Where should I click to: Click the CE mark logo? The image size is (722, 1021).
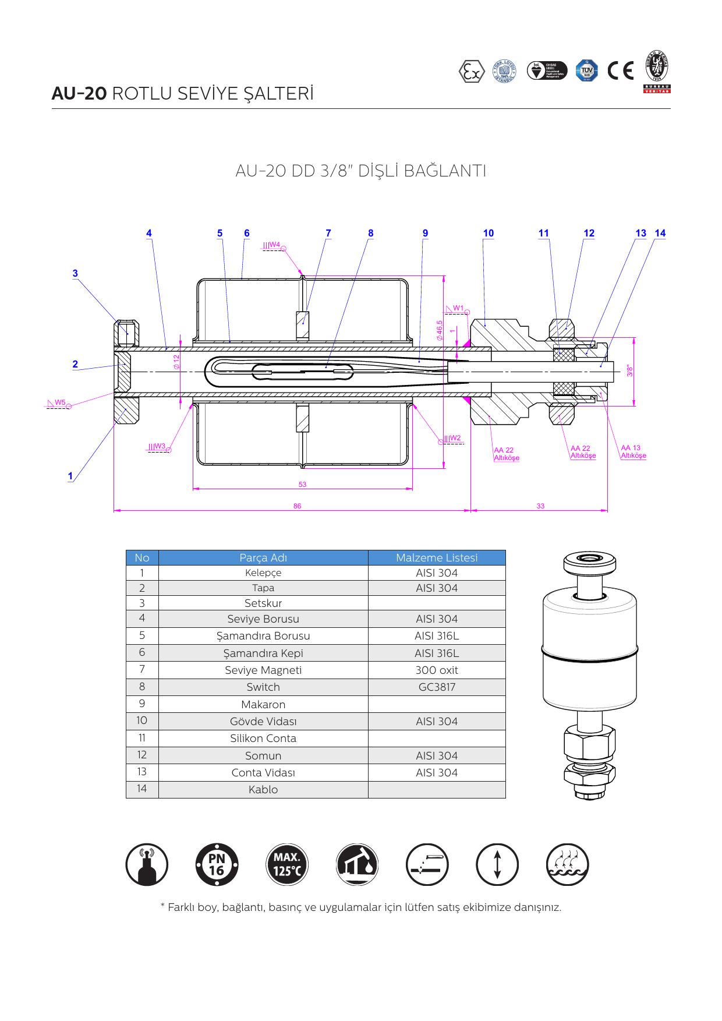tap(620, 71)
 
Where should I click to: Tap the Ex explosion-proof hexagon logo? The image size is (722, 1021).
tap(471, 71)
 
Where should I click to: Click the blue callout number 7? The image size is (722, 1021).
tap(328, 233)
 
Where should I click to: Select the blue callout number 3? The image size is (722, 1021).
tap(75, 273)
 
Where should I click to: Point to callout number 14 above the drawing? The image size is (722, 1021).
tap(660, 233)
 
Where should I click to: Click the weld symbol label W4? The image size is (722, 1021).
tap(274, 245)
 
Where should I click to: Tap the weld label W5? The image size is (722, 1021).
tap(60, 402)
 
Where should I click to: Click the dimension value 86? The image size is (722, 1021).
tap(298, 506)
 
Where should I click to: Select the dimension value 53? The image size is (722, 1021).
tap(302, 485)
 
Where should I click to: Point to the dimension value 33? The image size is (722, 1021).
tap(540, 506)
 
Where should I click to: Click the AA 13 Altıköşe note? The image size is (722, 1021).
tap(633, 452)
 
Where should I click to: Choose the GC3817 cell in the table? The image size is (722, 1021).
tap(437, 687)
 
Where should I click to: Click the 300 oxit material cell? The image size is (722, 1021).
tap(437, 670)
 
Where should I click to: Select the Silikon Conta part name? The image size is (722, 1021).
tap(263, 739)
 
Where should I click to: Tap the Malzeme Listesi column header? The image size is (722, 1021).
tap(437, 558)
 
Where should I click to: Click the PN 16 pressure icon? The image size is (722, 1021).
tap(217, 865)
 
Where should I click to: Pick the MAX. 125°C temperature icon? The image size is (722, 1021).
tap(287, 865)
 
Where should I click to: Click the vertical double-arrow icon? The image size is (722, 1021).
tap(497, 865)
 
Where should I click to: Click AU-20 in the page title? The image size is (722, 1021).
tap(79, 94)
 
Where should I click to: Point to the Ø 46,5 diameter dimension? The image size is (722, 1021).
tap(440, 330)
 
